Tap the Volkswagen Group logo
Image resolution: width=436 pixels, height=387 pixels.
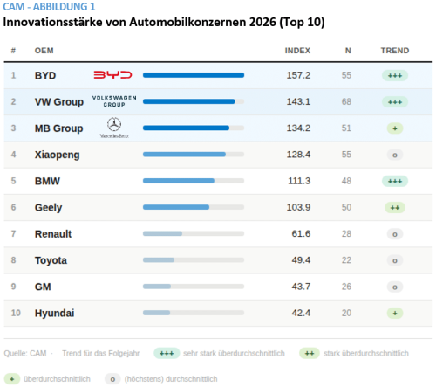click(113, 101)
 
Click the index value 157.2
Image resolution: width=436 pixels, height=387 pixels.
click(298, 75)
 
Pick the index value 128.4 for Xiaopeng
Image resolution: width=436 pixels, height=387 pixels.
click(298, 155)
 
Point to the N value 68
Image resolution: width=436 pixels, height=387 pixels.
click(347, 102)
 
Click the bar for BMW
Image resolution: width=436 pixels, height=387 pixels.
click(178, 181)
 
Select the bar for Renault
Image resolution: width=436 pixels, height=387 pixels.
click(162, 234)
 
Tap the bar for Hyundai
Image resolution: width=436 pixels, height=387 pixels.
click(156, 313)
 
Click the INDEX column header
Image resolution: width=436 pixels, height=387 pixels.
click(297, 51)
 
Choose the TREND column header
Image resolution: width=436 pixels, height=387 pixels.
click(394, 51)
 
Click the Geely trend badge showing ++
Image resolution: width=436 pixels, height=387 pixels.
click(394, 207)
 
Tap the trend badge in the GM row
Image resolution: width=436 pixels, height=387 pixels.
click(394, 287)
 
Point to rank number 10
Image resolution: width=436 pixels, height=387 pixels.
click(14, 313)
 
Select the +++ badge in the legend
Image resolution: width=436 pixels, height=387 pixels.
click(166, 354)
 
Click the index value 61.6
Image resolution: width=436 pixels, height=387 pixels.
click(301, 234)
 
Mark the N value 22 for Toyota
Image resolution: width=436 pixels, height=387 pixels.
click(347, 260)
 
